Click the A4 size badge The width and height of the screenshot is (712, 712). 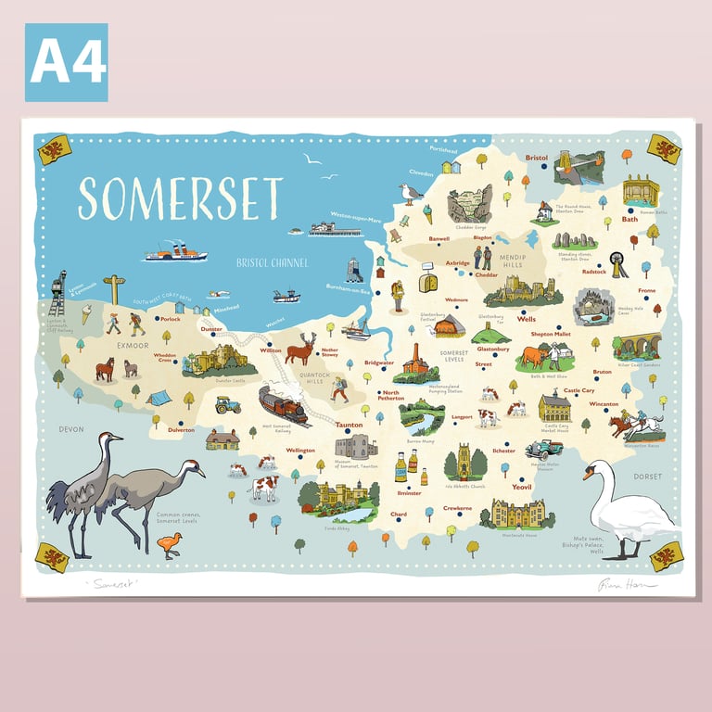tap(66, 62)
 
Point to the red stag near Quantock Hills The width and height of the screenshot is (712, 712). tap(299, 350)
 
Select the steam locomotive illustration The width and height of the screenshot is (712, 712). tap(283, 404)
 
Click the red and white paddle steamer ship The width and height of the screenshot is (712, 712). tap(176, 251)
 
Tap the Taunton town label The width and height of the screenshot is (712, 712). tap(349, 426)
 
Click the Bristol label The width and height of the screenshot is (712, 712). tap(537, 159)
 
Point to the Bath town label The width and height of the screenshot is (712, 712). tap(629, 220)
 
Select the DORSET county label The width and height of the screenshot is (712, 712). tap(648, 477)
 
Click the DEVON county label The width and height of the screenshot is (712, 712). tap(71, 429)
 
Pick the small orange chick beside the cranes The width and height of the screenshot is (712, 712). tap(169, 547)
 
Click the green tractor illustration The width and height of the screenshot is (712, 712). tap(227, 404)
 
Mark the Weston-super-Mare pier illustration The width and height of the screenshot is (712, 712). tap(334, 228)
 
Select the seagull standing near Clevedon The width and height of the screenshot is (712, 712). tap(409, 194)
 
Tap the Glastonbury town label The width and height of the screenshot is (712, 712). tap(493, 350)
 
